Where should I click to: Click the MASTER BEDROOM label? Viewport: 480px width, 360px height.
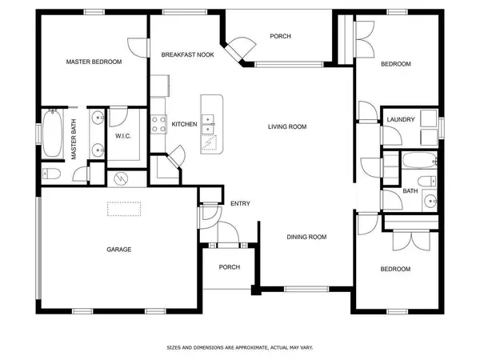click(94, 62)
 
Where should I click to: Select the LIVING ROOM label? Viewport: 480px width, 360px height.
click(287, 126)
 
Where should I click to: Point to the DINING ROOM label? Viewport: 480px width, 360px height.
click(307, 236)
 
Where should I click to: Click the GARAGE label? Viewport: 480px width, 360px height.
click(119, 249)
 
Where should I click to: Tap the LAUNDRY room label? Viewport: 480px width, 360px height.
click(400, 120)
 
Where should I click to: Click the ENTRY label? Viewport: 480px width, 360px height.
click(240, 204)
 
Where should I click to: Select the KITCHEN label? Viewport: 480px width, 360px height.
click(185, 124)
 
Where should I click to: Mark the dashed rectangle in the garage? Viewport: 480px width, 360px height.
click(124, 209)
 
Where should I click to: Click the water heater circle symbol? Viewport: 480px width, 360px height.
click(122, 178)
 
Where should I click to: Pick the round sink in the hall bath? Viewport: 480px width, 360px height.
click(430, 201)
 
